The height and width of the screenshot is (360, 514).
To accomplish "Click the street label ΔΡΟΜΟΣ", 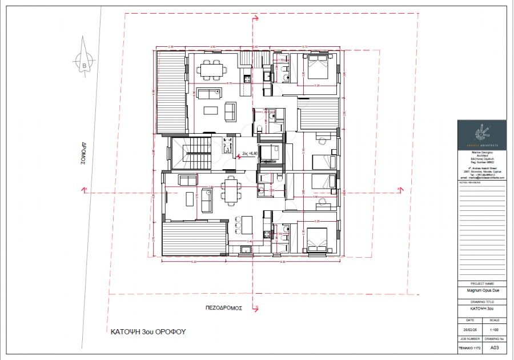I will (82, 153).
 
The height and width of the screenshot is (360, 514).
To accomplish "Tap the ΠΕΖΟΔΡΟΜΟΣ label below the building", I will (224, 307).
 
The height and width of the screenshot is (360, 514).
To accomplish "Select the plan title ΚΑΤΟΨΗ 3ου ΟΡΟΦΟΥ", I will (148, 331).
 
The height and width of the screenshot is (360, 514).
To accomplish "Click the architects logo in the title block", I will (481, 134).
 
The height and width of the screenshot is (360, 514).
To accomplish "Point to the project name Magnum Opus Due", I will (481, 290).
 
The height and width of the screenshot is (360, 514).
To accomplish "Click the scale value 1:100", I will (494, 329).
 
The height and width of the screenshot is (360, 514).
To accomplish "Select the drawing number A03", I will (494, 347).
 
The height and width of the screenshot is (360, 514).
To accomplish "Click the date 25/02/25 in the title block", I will (469, 329).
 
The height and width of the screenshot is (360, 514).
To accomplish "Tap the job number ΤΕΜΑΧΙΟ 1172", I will (469, 347).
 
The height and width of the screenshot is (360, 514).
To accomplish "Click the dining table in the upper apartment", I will (212, 70).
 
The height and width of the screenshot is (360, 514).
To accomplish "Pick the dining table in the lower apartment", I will (231, 191).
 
